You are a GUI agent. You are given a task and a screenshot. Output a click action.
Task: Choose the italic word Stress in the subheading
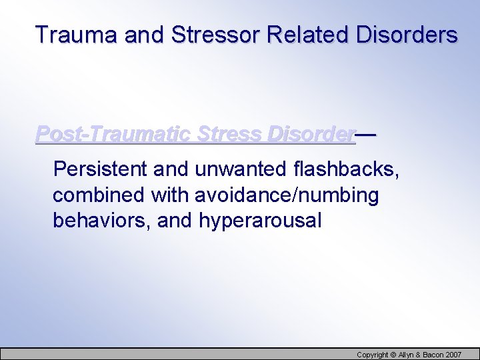point(229,134)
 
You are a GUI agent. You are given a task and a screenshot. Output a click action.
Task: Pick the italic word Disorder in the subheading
point(311,134)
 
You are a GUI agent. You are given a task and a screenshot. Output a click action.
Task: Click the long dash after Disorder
point(366,134)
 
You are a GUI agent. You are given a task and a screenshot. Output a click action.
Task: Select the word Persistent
point(101,169)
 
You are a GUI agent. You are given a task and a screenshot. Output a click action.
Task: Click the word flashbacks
point(346,169)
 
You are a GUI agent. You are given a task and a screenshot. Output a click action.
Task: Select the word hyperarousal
point(260,221)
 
